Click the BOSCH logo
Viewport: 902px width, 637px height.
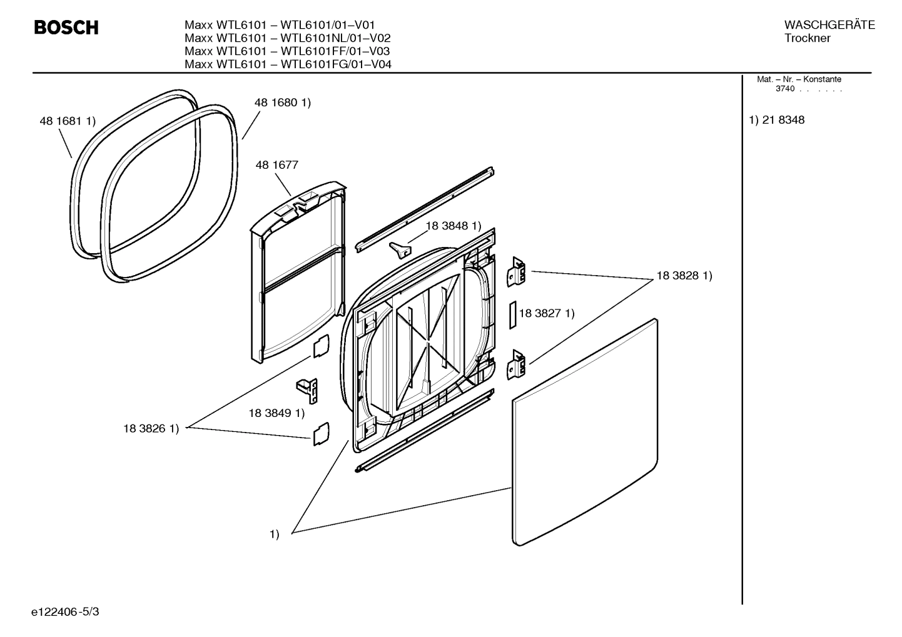(x=66, y=28)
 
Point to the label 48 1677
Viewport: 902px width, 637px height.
(x=276, y=165)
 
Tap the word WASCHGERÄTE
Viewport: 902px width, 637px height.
(x=829, y=25)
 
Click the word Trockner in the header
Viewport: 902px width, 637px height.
(x=807, y=38)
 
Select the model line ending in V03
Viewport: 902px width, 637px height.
(x=288, y=51)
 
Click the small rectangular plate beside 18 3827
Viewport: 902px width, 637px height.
(x=512, y=314)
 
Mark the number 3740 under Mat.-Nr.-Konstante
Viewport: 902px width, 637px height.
(x=785, y=89)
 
